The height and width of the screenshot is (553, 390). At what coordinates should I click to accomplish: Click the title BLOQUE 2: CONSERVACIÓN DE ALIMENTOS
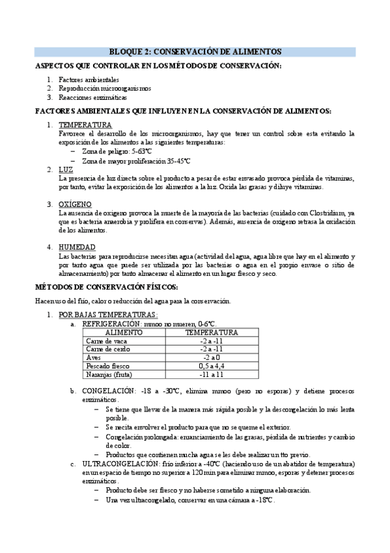[195, 52]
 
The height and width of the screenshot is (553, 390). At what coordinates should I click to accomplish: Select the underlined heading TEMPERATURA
[85, 125]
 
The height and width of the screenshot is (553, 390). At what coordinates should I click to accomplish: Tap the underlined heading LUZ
[66, 170]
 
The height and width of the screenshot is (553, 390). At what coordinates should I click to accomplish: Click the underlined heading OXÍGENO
[76, 204]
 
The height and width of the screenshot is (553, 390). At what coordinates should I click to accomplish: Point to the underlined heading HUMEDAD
[77, 247]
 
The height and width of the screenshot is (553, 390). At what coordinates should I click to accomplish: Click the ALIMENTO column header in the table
[124, 332]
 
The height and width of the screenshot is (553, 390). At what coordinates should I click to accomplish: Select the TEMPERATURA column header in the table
[212, 332]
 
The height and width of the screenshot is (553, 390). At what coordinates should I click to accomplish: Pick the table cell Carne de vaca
[107, 340]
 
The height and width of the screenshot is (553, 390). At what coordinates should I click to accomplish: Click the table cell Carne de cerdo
[108, 349]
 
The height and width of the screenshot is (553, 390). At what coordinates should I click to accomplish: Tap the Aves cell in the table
[94, 357]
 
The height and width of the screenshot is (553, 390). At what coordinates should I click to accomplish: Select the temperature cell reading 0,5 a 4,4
[212, 366]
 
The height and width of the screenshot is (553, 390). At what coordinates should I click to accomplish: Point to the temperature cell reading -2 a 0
[212, 357]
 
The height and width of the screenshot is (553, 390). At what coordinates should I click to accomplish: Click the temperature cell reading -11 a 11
[212, 374]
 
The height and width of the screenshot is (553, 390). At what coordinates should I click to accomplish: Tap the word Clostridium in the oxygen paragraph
[330, 213]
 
